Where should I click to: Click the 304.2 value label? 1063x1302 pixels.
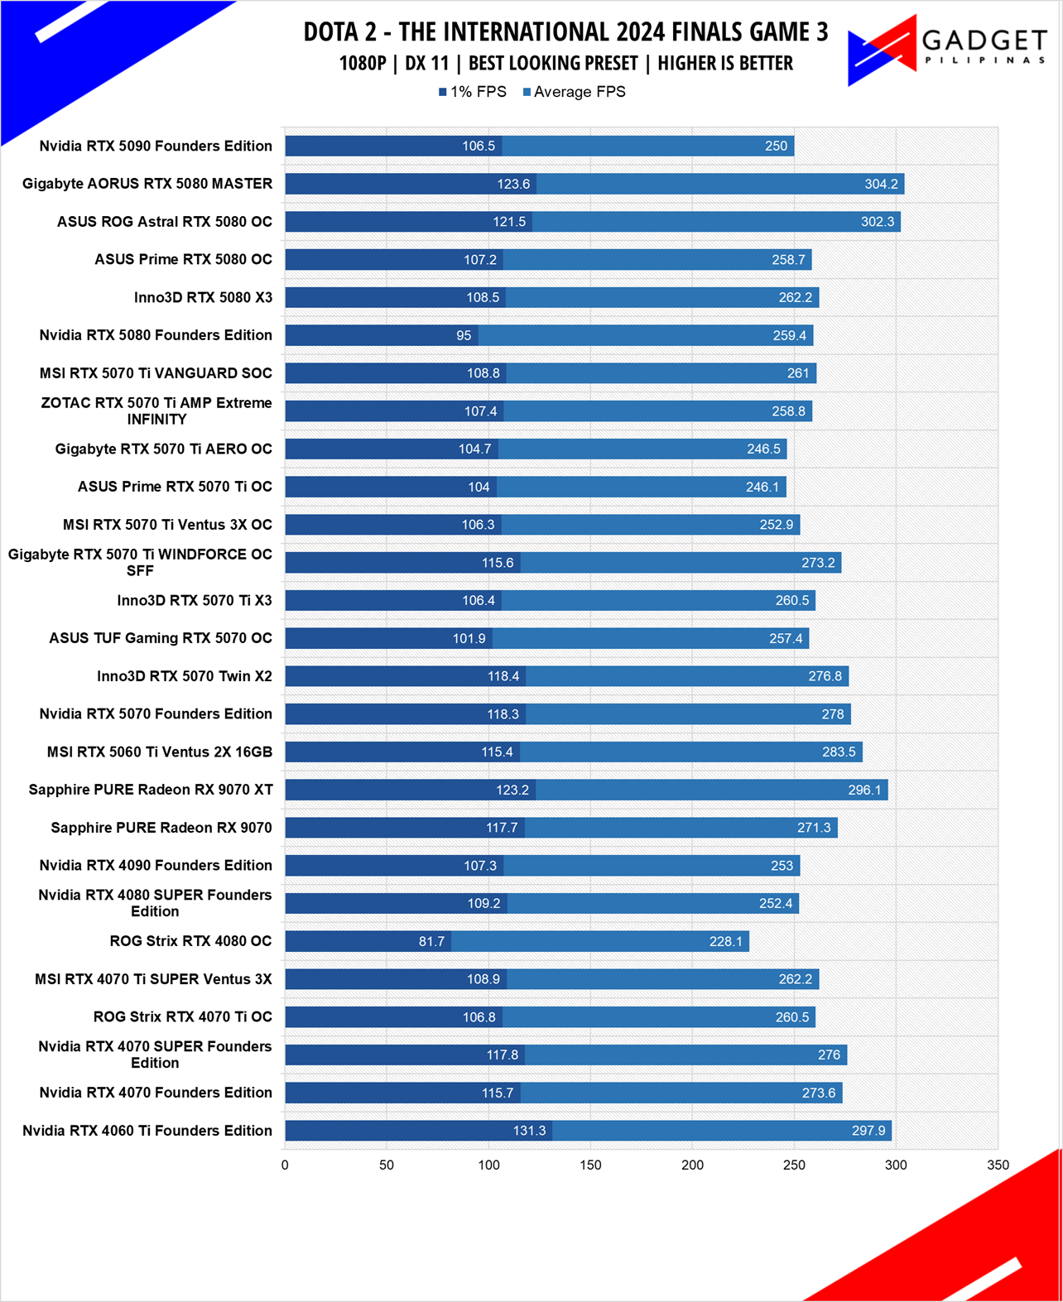coord(881,184)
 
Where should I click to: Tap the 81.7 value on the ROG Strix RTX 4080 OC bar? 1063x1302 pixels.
coord(431,941)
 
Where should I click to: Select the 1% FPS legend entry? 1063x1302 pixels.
coord(473,92)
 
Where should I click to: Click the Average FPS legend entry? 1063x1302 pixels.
coord(574,92)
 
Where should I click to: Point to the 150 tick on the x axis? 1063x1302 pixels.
coord(590,1165)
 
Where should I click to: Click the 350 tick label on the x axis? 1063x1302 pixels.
coord(998,1165)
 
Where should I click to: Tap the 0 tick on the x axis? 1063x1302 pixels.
coord(285,1165)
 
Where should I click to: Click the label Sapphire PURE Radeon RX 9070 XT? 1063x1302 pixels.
coord(150,790)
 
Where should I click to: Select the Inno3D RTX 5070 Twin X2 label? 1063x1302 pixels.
coord(184,676)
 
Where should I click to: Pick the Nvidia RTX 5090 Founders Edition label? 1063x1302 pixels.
coord(156,146)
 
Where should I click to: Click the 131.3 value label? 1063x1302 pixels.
coord(529,1131)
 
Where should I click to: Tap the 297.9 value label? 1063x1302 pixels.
coord(868,1131)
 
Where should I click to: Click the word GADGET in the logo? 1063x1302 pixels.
coord(984,41)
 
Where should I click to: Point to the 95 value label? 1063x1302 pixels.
coord(464,335)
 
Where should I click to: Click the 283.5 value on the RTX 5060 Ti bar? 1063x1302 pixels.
coord(839,752)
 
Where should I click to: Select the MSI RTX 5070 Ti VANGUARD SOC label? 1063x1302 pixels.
coord(156,372)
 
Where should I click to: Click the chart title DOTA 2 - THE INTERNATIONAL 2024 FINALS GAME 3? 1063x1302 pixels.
coord(565,32)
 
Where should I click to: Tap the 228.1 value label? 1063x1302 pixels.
coord(726,941)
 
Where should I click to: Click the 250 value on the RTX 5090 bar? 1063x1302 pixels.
coord(777,147)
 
